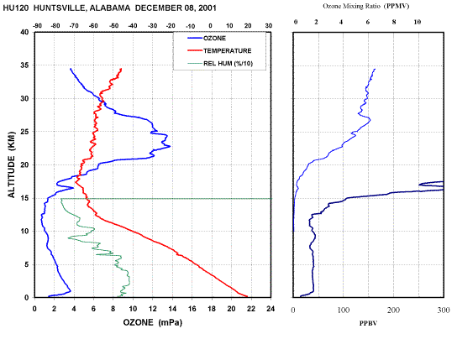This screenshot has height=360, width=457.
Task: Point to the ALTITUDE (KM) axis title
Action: pos(12,164)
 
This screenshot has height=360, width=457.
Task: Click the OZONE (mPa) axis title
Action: pos(152,322)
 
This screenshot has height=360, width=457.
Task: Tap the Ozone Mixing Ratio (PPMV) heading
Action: pos(365,6)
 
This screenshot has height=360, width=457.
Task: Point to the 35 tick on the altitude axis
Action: pos(24,65)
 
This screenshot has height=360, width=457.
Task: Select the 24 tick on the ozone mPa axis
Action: pos(271,309)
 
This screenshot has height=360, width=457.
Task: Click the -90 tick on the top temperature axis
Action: pos(37,26)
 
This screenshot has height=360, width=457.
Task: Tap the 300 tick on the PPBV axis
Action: pos(444,310)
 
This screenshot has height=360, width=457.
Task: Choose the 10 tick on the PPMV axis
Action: pos(418,22)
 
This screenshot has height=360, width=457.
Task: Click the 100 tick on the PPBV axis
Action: pos(344,310)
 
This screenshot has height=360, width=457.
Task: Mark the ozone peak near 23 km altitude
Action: pos(170,146)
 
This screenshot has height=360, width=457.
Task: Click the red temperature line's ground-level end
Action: pos(248,296)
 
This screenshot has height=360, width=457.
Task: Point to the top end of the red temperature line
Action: pos(121,69)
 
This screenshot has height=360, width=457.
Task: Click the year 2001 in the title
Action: pos(207,8)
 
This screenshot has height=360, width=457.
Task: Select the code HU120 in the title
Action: pos(15,8)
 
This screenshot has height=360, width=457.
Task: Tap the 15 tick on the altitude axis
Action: pos(24,198)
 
